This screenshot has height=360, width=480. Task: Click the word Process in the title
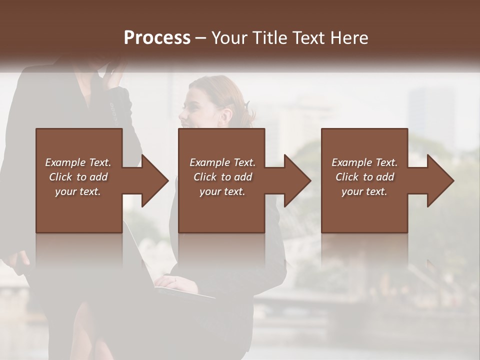(x=157, y=38)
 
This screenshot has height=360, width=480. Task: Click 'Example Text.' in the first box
(x=78, y=162)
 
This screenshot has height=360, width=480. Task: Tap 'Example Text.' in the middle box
(x=222, y=162)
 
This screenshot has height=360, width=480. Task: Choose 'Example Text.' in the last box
(x=364, y=162)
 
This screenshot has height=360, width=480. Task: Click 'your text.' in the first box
(x=78, y=191)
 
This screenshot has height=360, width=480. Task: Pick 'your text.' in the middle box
(x=222, y=191)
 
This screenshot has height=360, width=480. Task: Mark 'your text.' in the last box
(x=364, y=191)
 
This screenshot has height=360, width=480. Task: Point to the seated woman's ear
(x=225, y=115)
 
